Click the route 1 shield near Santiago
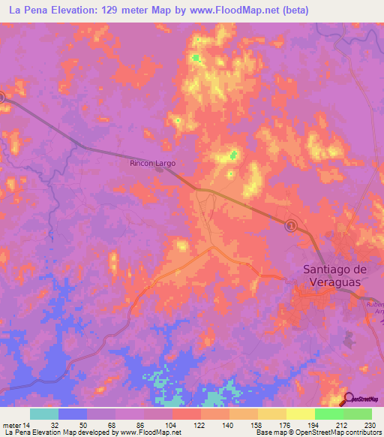tap(291, 225)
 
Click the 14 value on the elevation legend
tap(27, 426)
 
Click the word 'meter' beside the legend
tap(11, 426)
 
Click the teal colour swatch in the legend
tap(44, 414)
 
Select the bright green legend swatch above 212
tap(329, 414)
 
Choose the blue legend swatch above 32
tap(73, 414)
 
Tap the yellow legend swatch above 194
tap(301, 414)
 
